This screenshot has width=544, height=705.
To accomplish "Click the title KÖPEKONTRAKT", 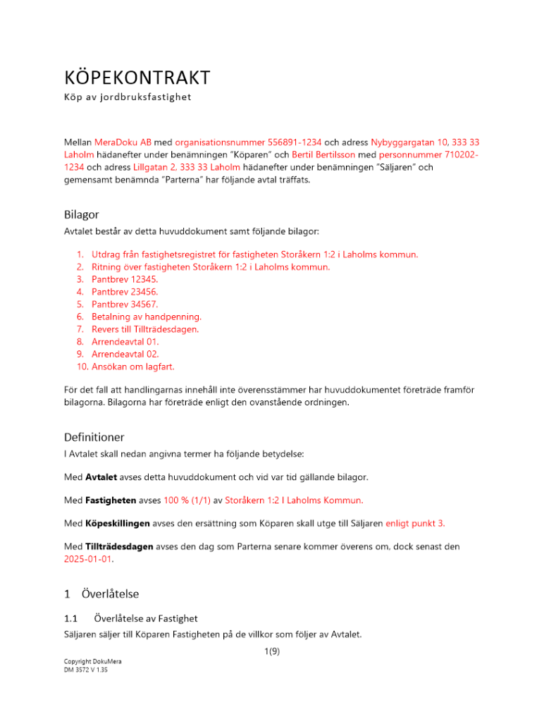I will click(137, 77).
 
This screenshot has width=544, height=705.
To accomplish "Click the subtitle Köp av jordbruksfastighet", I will click(128, 97).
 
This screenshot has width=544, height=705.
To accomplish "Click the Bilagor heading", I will click(83, 214).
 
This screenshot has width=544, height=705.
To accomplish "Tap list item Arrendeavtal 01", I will click(125, 341).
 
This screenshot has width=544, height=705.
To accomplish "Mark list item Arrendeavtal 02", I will click(125, 354).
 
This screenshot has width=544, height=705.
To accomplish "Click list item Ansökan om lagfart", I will click(132, 367).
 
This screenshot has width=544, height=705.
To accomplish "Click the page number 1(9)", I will click(271, 651).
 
